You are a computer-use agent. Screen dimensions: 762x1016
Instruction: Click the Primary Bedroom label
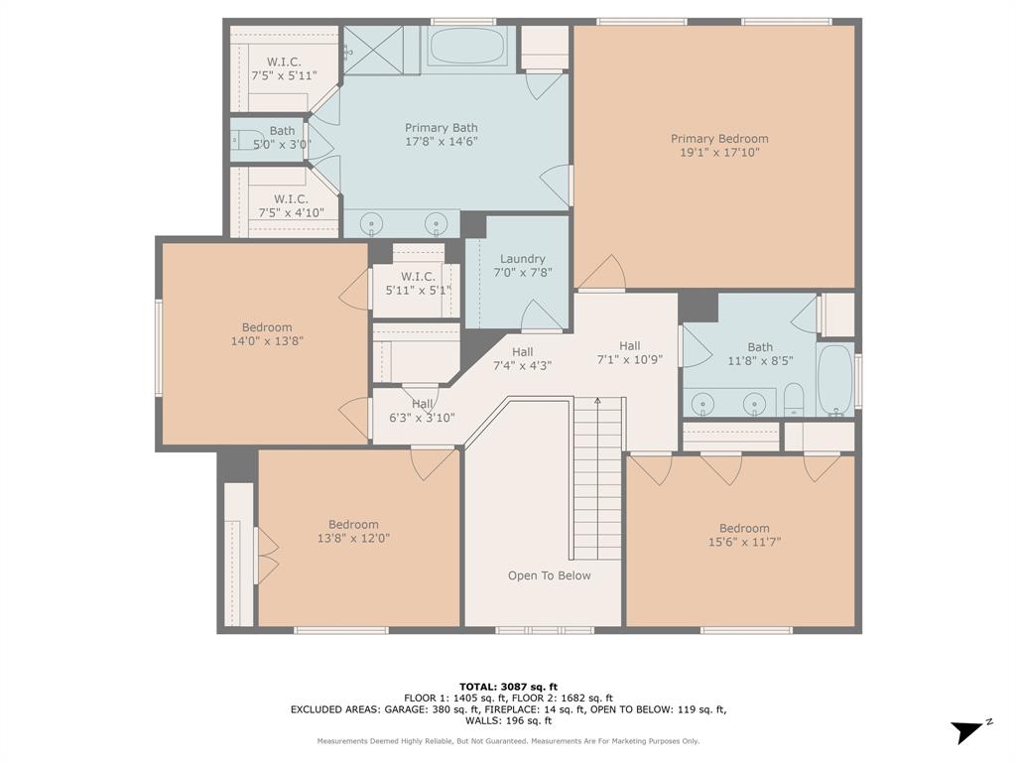click(x=719, y=139)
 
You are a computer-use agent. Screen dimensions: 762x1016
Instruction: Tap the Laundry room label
click(x=522, y=259)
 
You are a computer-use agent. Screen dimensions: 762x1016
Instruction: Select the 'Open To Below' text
click(x=549, y=575)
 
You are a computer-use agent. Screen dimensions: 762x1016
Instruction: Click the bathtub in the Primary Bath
click(x=467, y=47)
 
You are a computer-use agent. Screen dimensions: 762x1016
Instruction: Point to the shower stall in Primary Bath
click(x=373, y=50)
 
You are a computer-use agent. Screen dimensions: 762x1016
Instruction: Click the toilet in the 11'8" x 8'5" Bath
click(x=794, y=402)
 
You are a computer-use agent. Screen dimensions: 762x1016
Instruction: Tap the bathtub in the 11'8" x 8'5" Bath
click(x=835, y=379)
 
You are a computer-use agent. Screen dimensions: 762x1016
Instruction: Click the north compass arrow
click(x=968, y=731)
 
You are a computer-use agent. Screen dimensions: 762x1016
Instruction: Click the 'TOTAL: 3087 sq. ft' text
click(x=508, y=687)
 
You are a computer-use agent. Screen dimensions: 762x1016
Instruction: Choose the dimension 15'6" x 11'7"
click(x=744, y=543)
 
